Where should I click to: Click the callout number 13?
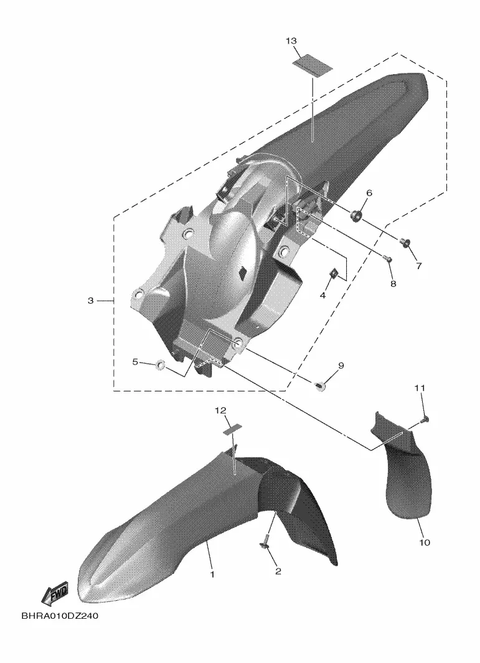[x=291, y=41]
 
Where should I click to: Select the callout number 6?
[x=369, y=193]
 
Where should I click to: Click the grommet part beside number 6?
[x=355, y=215]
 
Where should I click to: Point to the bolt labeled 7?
[x=405, y=242]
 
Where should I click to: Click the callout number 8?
[x=393, y=284]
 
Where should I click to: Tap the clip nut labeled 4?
[x=333, y=274]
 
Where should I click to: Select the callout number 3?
[x=90, y=301]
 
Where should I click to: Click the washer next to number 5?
[x=161, y=364]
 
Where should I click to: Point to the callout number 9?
[x=341, y=365]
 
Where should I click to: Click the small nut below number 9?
[x=320, y=385]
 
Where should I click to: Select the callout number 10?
[x=424, y=542]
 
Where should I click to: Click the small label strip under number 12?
[x=233, y=429]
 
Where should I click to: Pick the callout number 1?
[x=212, y=574]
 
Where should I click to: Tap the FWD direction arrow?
[x=55, y=596]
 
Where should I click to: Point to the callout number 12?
[x=220, y=410]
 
